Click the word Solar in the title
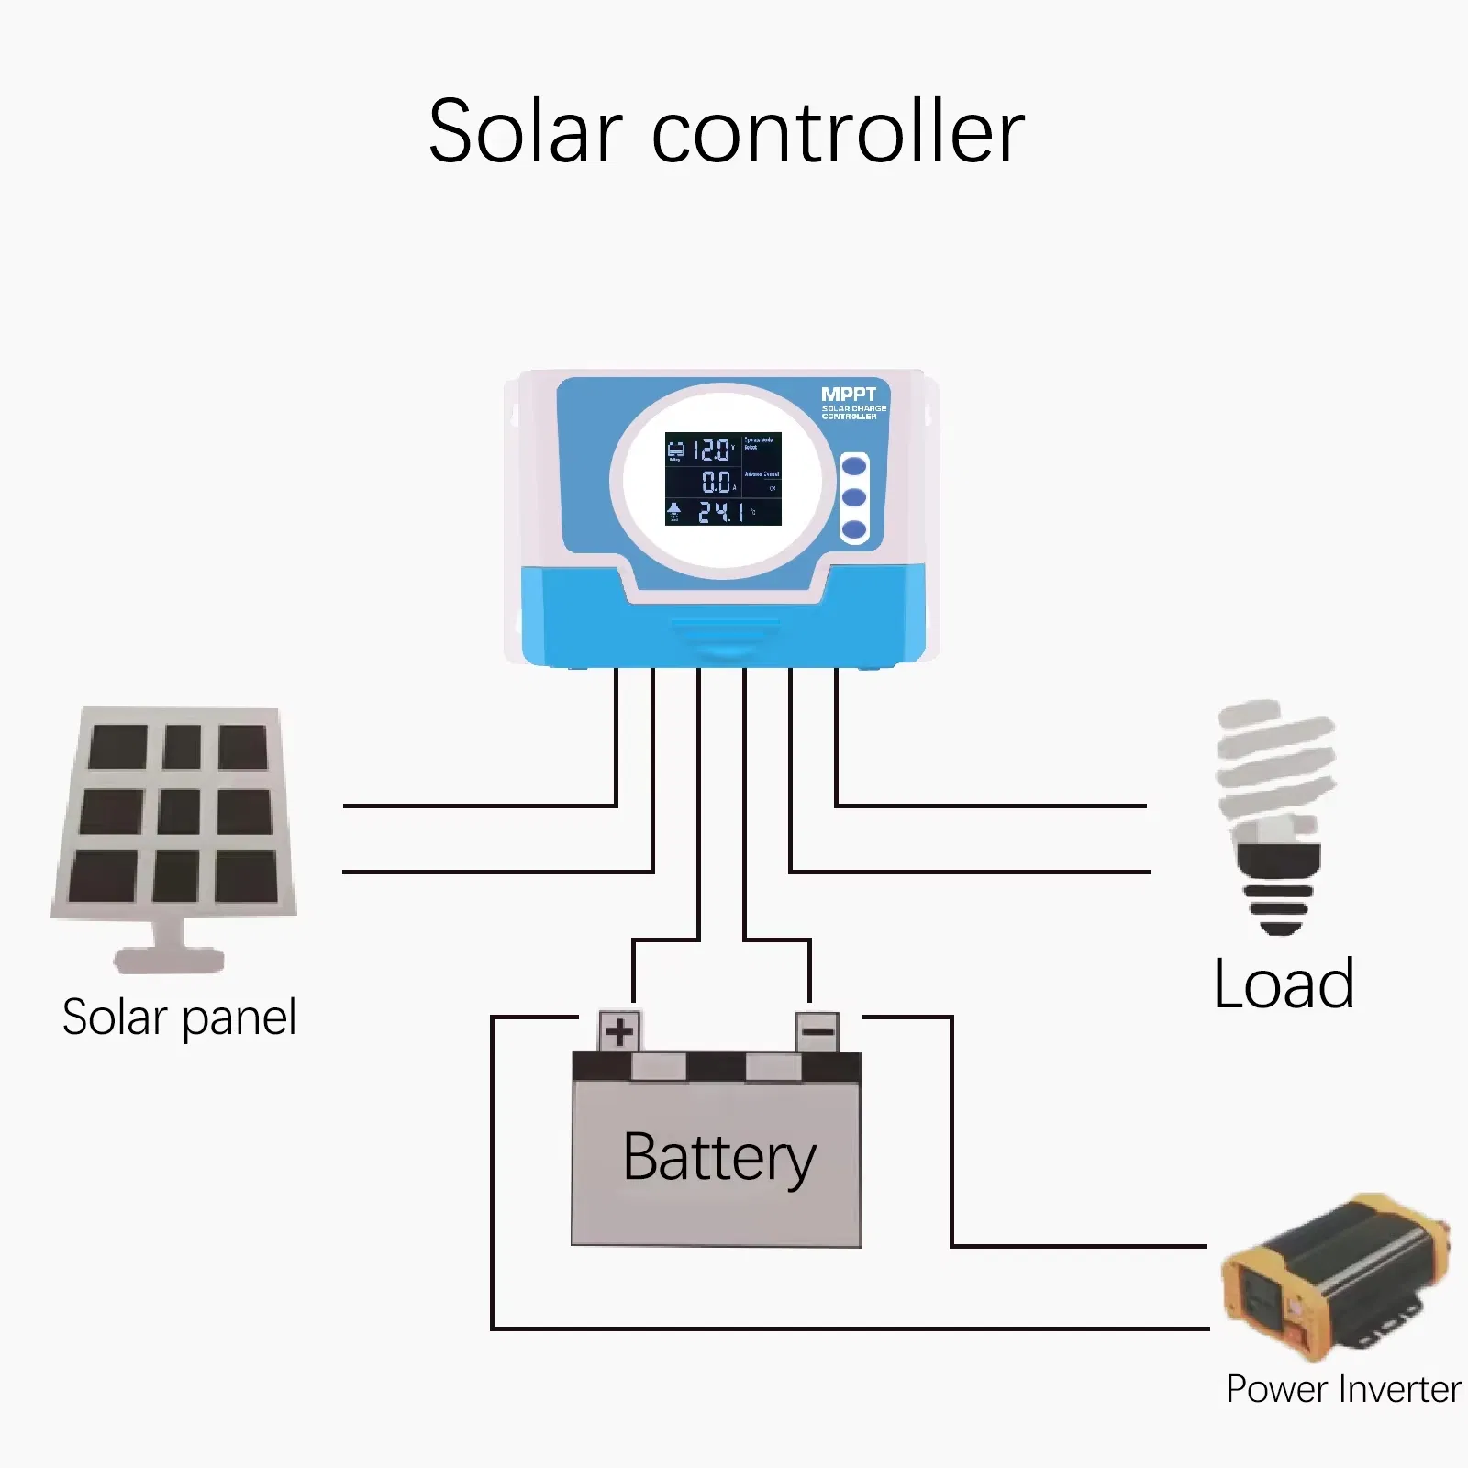click(525, 133)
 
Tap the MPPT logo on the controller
click(849, 395)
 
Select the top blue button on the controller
click(854, 466)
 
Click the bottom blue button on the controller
click(854, 529)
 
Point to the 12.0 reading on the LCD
click(712, 450)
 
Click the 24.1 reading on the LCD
click(720, 512)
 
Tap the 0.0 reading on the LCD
click(717, 482)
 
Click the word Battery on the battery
click(718, 1158)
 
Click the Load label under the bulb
click(1283, 984)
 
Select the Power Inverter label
click(1342, 1389)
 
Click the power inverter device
click(1336, 1275)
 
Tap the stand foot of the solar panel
click(169, 959)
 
